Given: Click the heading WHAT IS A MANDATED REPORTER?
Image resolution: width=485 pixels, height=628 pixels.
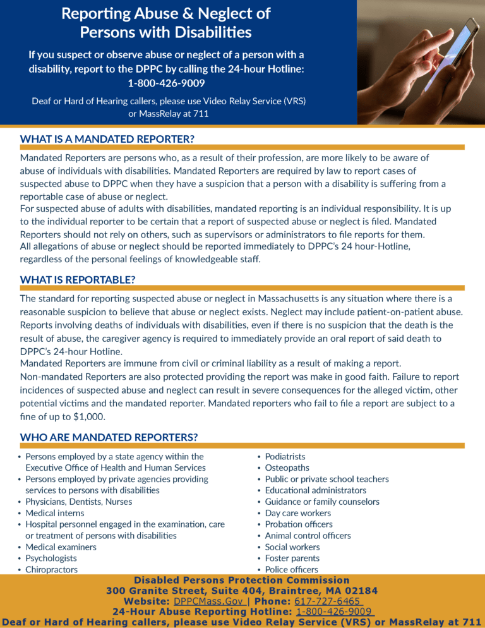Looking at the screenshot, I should (x=107, y=138).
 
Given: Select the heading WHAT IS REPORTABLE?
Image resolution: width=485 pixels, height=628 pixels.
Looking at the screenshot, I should (x=78, y=279).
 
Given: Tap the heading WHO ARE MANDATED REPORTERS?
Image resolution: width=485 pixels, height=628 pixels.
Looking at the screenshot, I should (x=109, y=437).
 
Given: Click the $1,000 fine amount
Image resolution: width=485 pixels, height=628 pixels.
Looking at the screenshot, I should (x=88, y=416).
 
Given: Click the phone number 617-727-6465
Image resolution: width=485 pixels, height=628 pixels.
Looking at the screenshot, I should (x=327, y=601).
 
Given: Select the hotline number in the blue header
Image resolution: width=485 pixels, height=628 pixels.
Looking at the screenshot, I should (x=166, y=83).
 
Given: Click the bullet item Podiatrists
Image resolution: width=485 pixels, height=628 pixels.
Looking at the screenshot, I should (x=285, y=456).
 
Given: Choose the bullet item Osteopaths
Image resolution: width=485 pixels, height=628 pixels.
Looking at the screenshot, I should (x=287, y=468).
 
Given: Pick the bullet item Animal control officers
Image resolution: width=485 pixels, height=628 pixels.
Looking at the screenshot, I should (x=308, y=535).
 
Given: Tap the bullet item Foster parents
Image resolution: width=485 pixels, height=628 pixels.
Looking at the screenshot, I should (x=292, y=558).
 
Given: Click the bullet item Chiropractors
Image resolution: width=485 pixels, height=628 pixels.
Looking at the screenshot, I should (x=52, y=569).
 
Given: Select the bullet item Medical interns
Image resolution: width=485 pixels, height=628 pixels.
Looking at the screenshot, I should (x=54, y=513).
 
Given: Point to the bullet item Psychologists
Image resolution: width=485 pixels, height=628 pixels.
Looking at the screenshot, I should (x=51, y=558).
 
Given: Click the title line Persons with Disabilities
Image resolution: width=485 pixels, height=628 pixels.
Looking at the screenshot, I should (x=165, y=31).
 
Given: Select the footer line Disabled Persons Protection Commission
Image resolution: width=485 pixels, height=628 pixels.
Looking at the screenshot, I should (x=242, y=580).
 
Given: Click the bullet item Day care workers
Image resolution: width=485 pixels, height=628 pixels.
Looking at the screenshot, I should (x=298, y=513).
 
